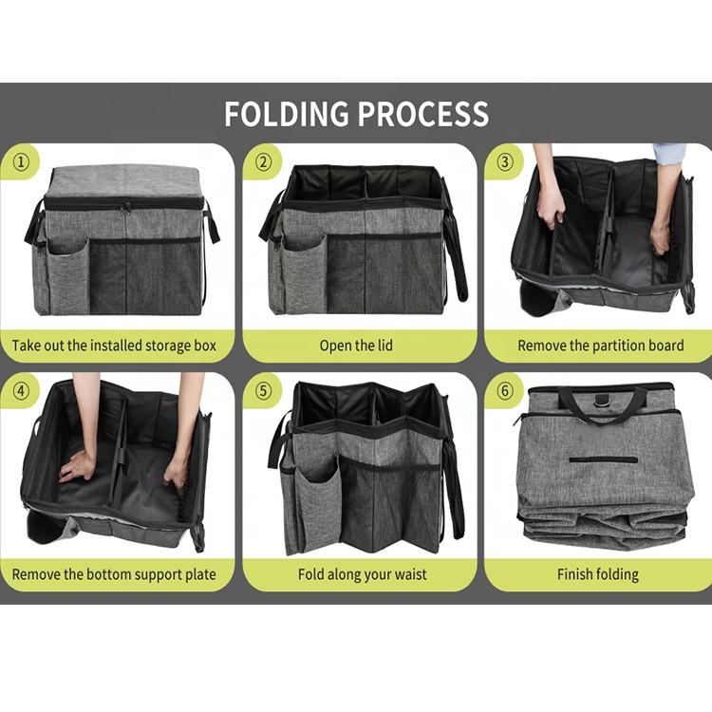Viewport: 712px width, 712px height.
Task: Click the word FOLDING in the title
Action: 286,114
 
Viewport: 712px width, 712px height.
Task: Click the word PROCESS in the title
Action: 423,114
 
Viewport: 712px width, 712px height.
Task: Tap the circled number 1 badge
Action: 21,162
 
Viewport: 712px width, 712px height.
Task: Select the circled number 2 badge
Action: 262,162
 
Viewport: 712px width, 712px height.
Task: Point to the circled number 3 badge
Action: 504,162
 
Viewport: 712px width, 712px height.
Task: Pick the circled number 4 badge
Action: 21,391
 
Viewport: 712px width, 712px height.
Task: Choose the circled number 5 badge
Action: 262,391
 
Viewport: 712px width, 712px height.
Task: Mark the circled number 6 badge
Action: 504,391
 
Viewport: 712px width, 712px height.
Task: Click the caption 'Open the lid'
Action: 356,346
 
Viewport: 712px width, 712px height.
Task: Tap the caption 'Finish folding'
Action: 597,574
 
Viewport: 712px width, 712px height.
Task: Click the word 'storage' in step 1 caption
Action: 167,346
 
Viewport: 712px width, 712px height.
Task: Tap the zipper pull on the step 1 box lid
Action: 125,209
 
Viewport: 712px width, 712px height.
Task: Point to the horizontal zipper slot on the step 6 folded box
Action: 603,459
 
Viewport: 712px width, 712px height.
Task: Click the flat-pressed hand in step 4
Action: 77,464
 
